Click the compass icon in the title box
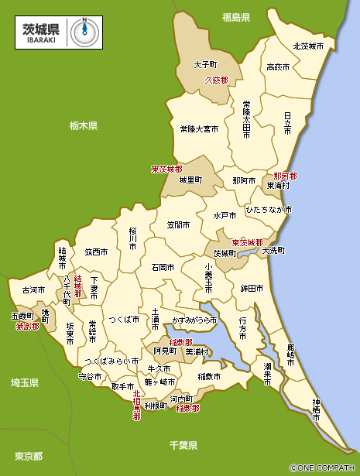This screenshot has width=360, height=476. point(83,30)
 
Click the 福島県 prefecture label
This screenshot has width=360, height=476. point(235,17)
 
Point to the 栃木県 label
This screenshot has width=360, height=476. point(83,125)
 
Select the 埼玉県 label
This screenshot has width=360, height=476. point(25,382)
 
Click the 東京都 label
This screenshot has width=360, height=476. point(29,456)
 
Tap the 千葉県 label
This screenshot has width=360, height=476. point(183,445)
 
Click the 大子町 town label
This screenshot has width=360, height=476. point(205,65)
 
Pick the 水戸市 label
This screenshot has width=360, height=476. point(226,215)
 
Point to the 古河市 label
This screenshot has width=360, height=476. point(33,290)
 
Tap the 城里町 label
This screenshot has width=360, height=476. point(190,180)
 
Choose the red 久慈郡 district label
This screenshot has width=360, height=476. point(216,80)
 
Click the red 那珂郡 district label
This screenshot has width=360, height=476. point(285,176)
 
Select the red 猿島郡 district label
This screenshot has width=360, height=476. point(28,326)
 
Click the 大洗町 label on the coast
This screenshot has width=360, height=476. point(273,251)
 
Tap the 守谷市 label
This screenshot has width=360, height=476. point(91,376)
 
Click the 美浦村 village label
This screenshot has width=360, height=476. point(197,351)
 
